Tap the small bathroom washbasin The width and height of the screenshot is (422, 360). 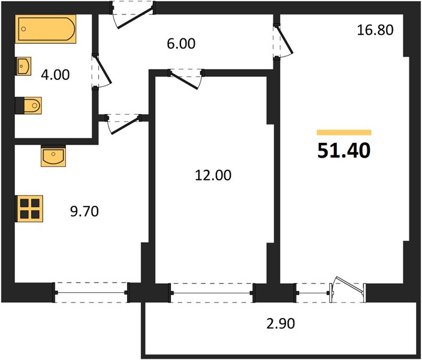[24, 66]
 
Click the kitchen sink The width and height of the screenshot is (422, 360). [53, 156]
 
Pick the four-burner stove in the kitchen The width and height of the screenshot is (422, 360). [29, 209]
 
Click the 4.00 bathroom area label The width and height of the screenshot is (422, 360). [55, 74]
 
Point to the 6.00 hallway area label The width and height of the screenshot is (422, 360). [181, 44]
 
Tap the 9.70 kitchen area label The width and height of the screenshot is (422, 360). [85, 211]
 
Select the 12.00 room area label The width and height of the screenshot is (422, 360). [213, 175]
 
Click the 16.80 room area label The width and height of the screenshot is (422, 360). [375, 29]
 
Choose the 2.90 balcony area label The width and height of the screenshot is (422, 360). [281, 323]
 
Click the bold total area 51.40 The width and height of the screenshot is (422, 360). [344, 151]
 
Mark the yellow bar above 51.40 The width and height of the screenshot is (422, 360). [344, 133]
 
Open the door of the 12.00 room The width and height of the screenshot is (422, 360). [186, 79]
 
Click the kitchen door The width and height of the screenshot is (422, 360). [123, 124]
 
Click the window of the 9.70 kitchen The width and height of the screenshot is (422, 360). [91, 293]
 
